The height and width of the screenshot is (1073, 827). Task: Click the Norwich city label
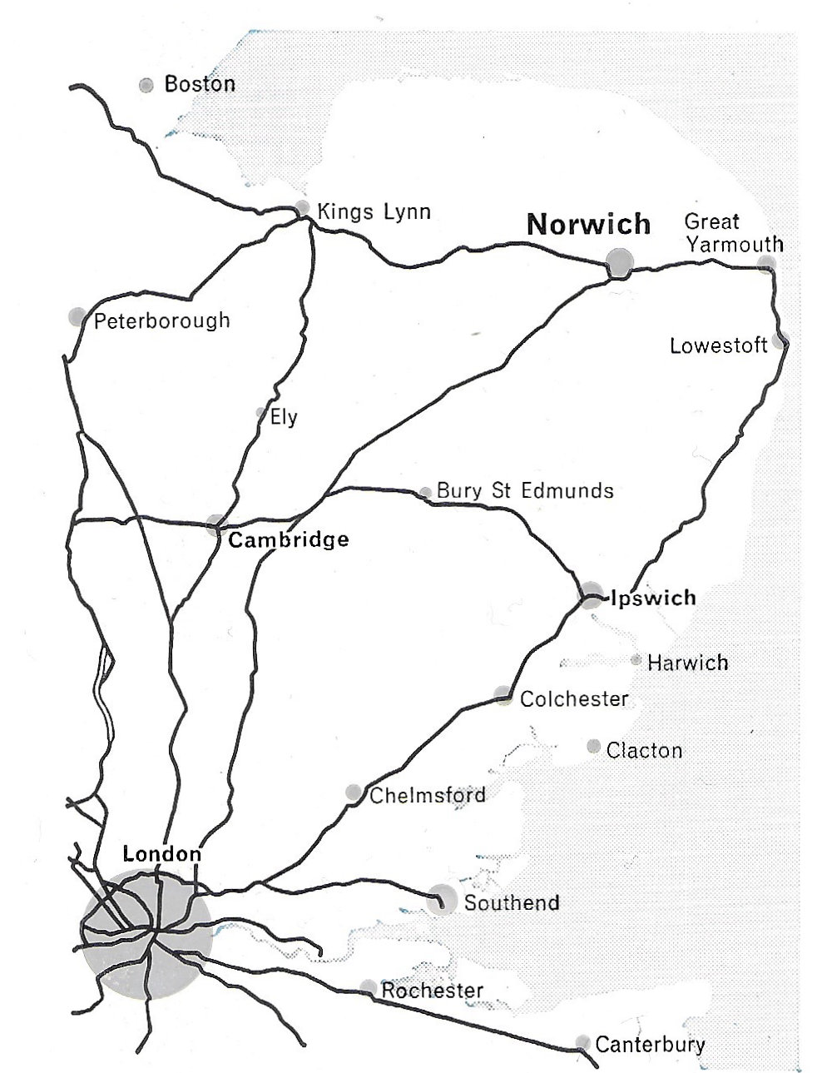click(588, 225)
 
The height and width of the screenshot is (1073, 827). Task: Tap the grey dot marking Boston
click(146, 85)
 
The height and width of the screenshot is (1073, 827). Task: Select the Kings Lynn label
click(374, 211)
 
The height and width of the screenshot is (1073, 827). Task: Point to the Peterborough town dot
click(77, 316)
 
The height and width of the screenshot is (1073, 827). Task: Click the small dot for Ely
click(260, 412)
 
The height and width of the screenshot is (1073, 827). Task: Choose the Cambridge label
click(288, 540)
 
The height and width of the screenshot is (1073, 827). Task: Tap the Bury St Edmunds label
click(525, 490)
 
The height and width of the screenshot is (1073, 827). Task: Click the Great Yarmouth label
click(732, 232)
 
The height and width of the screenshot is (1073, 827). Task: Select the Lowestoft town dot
click(780, 340)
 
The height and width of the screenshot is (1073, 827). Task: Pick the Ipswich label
click(653, 598)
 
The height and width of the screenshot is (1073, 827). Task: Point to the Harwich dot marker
click(636, 660)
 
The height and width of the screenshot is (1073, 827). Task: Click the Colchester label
click(574, 698)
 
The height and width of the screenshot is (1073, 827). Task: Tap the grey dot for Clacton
click(593, 747)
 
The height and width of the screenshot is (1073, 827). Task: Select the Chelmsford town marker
click(354, 792)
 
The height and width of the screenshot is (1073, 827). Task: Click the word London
click(161, 854)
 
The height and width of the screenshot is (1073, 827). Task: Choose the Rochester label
click(432, 991)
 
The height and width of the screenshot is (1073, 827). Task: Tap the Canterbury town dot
click(582, 1043)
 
